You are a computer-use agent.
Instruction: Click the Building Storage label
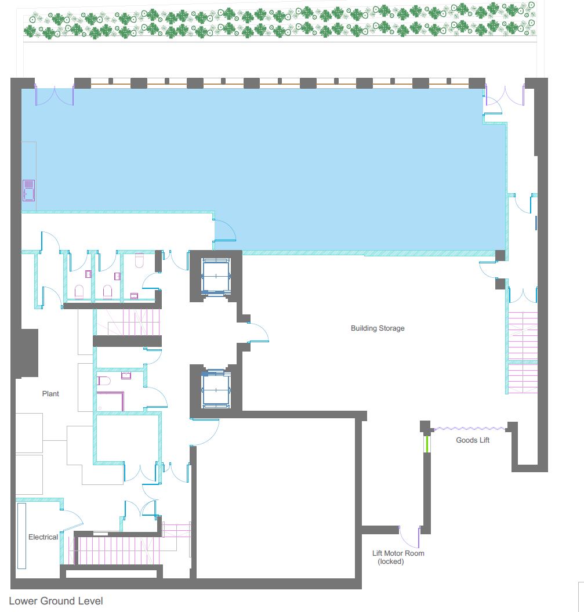coord(377,328)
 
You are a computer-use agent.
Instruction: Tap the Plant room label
coord(50,393)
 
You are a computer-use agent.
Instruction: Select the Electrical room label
coord(43,537)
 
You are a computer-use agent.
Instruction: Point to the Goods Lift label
coord(473,440)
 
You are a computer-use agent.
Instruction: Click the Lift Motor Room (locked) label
coord(398,557)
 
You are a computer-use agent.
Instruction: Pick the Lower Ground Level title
coord(56,601)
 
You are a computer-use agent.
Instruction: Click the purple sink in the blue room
coord(28,190)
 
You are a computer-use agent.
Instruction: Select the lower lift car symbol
coord(216,390)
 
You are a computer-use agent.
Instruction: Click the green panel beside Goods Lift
coord(427,444)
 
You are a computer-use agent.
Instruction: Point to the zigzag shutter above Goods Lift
coord(470,429)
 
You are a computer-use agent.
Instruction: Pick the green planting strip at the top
coord(280,21)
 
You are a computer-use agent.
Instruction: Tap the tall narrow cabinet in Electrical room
coord(21,536)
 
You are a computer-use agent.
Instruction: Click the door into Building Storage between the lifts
coord(258,332)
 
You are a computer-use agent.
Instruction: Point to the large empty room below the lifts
coord(275,498)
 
